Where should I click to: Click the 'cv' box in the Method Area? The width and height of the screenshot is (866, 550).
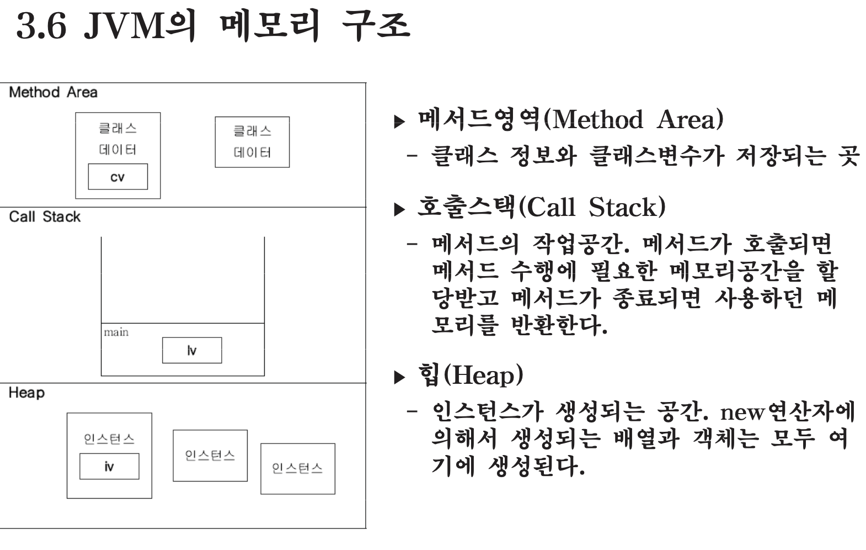coord(117,177)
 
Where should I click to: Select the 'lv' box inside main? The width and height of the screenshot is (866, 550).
coord(192,350)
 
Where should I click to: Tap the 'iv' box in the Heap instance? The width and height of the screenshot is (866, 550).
coord(109,467)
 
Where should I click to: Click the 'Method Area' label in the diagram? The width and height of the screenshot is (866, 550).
coord(53,92)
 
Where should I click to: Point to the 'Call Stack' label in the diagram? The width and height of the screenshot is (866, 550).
coord(45,216)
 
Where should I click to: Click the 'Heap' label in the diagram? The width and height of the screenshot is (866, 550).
coord(26,393)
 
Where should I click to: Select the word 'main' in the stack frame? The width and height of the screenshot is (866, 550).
coord(116,332)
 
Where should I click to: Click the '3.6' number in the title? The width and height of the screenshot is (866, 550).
coord(41,25)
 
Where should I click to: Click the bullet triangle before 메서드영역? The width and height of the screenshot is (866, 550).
coord(399,121)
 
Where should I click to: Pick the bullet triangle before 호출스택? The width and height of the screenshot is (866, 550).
coord(399,210)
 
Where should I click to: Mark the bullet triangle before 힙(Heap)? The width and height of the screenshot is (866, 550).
coord(399,378)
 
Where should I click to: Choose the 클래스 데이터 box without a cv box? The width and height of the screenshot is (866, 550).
coord(252,142)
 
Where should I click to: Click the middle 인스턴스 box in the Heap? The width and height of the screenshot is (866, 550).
coord(210,456)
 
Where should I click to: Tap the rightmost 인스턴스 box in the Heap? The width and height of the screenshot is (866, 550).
coord(297,468)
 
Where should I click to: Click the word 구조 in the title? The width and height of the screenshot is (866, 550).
coord(375,25)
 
